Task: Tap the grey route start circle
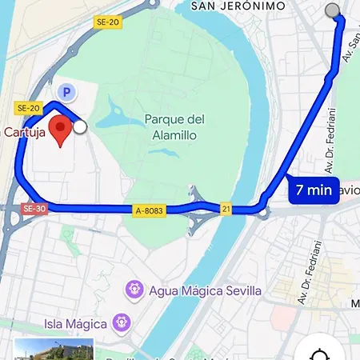(x=333, y=10)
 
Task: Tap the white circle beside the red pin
(x=79, y=126)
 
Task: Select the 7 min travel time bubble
(x=314, y=190)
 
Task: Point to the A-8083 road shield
(x=150, y=210)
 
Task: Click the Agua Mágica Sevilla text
(x=206, y=290)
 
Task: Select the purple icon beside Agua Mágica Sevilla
(x=134, y=289)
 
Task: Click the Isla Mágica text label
(x=75, y=324)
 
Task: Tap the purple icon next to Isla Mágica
(x=122, y=324)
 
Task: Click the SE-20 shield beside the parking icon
(x=28, y=108)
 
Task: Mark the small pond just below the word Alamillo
(x=181, y=149)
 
